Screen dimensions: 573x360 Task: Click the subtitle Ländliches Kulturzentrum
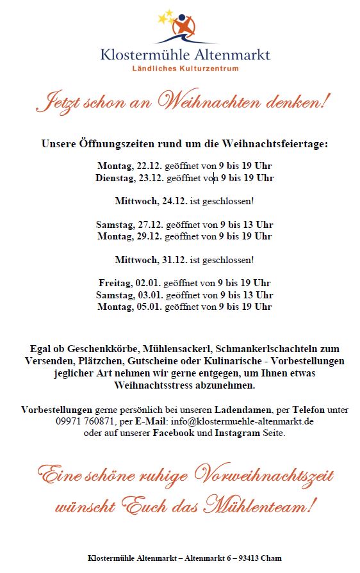pyautogui.click(x=185, y=68)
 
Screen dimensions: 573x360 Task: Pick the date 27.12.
pyautogui.click(x=150, y=225)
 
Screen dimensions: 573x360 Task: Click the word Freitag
pyautogui.click(x=115, y=283)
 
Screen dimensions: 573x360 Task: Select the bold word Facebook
pyautogui.click(x=173, y=433)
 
